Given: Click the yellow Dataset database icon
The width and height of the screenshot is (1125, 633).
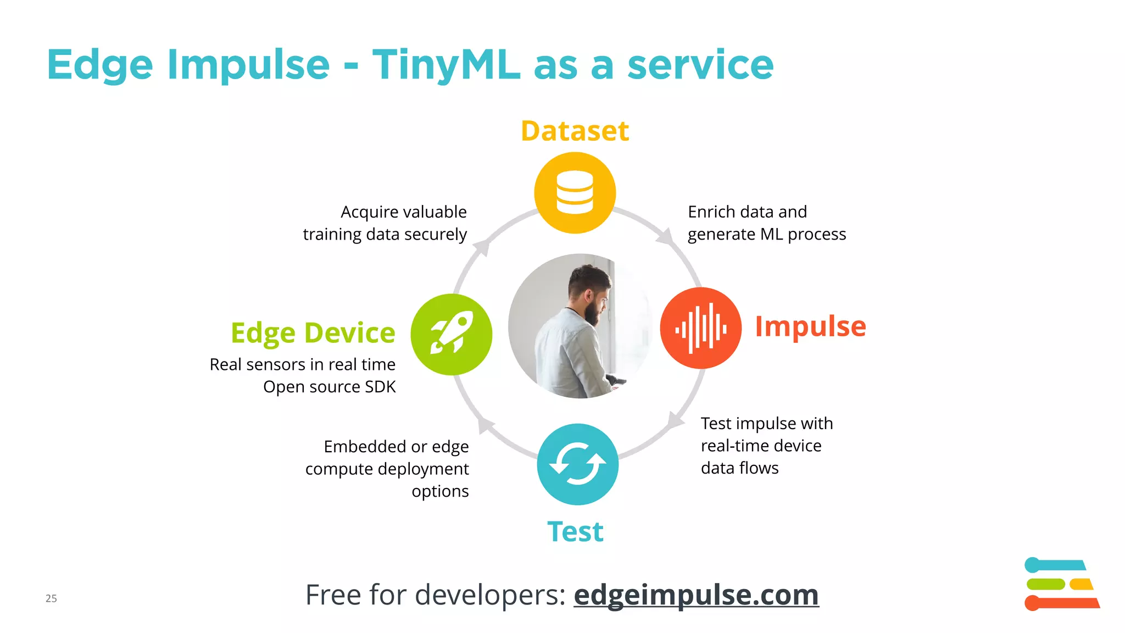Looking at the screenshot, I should pos(575,193).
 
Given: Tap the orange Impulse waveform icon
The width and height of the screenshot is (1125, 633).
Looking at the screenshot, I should pos(700,328).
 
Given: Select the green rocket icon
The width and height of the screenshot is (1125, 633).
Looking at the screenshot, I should pos(452,334).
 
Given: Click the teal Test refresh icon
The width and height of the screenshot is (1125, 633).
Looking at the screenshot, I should pos(577,464).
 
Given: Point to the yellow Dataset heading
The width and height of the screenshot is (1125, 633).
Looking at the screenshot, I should pos(575,131).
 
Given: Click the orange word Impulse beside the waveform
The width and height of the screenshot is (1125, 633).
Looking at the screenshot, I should pos(810,326).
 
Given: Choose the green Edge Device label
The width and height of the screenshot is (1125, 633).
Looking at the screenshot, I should pos(313,333).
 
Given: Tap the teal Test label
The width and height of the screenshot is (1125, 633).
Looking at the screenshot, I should pos(575,531).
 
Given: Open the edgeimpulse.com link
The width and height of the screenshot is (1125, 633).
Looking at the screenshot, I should pos(696,595).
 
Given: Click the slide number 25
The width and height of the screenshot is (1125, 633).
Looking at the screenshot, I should pos(51,598).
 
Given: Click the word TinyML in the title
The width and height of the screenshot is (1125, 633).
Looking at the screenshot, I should pos(446,65).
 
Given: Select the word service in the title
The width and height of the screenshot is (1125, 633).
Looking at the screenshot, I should pos(700,65).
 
